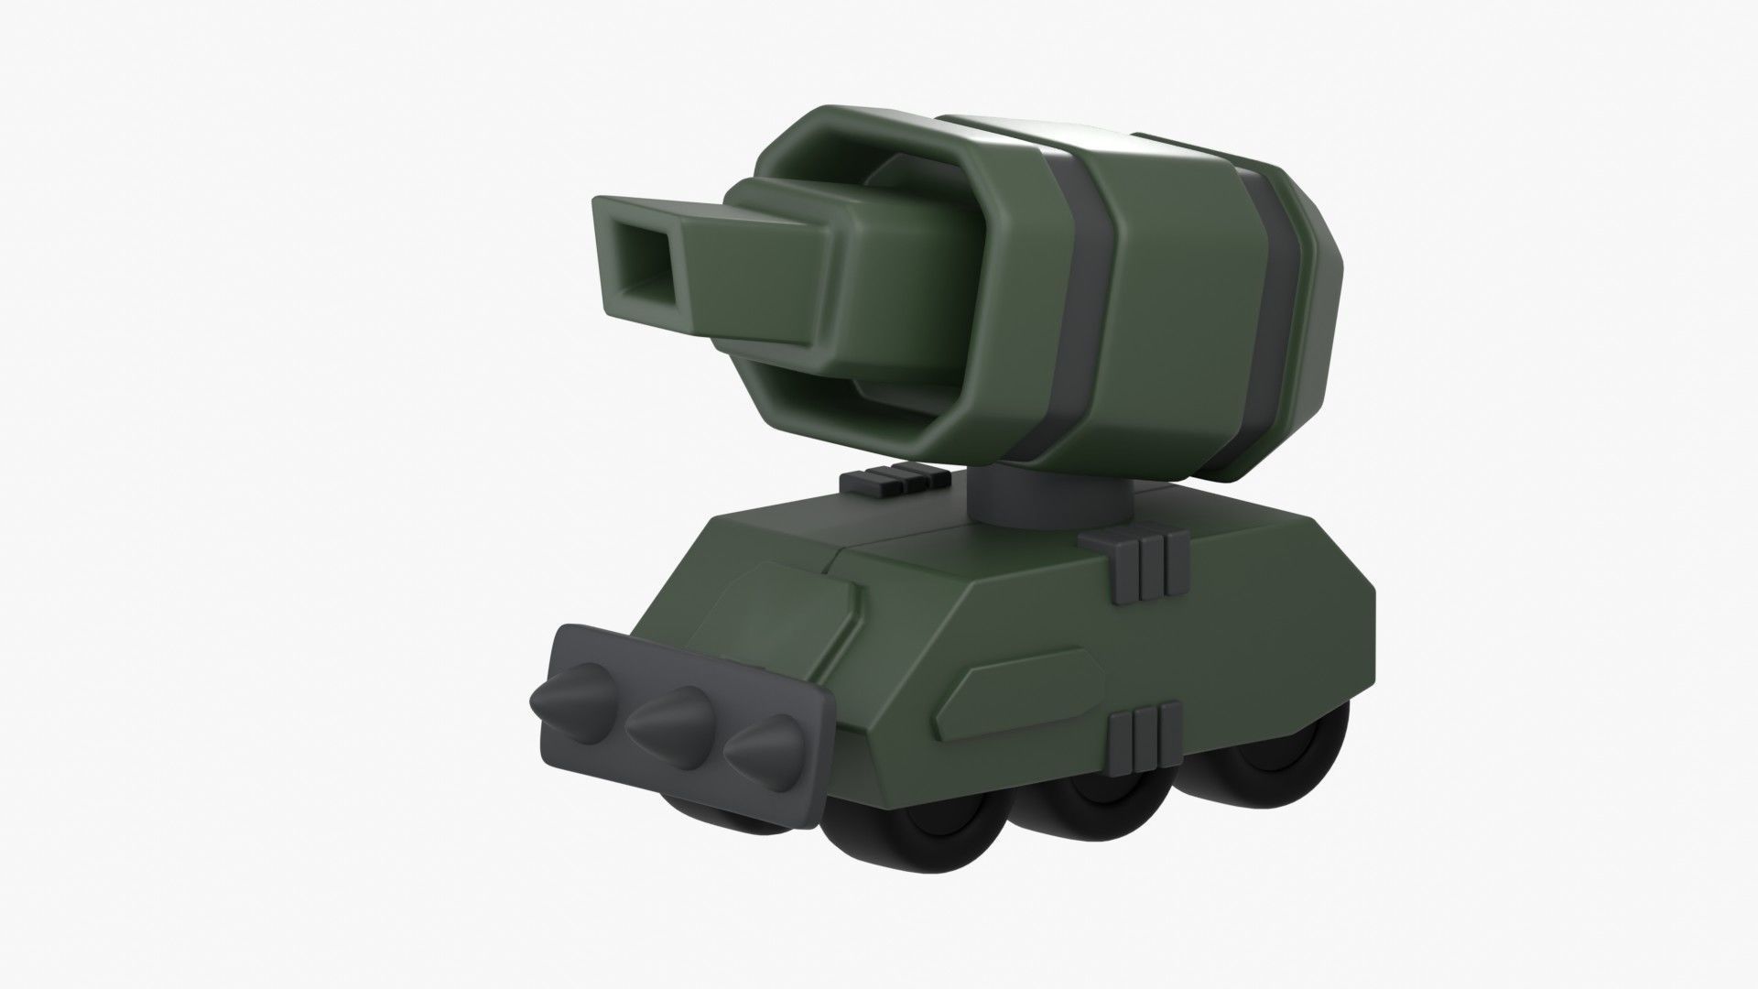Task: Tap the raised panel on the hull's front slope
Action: (778, 604)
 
